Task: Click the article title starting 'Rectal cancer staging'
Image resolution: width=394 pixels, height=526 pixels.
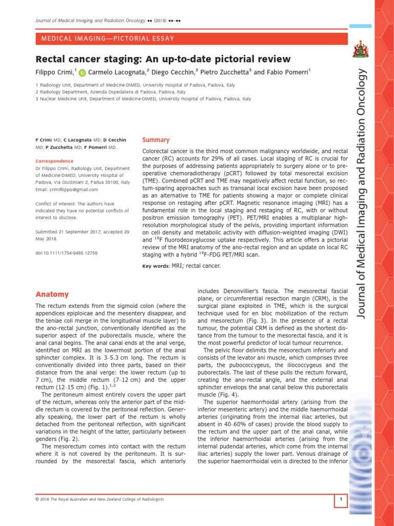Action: (163, 59)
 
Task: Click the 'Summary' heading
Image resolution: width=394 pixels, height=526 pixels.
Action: (155, 140)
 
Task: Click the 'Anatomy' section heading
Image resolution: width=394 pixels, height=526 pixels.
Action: (52, 294)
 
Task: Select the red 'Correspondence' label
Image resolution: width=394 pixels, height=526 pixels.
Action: (54, 161)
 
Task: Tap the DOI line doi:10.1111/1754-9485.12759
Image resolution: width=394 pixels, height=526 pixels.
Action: (66, 254)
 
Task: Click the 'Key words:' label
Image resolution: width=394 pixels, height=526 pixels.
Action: (155, 266)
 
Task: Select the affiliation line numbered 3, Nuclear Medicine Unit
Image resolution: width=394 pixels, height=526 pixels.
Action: (143, 98)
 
